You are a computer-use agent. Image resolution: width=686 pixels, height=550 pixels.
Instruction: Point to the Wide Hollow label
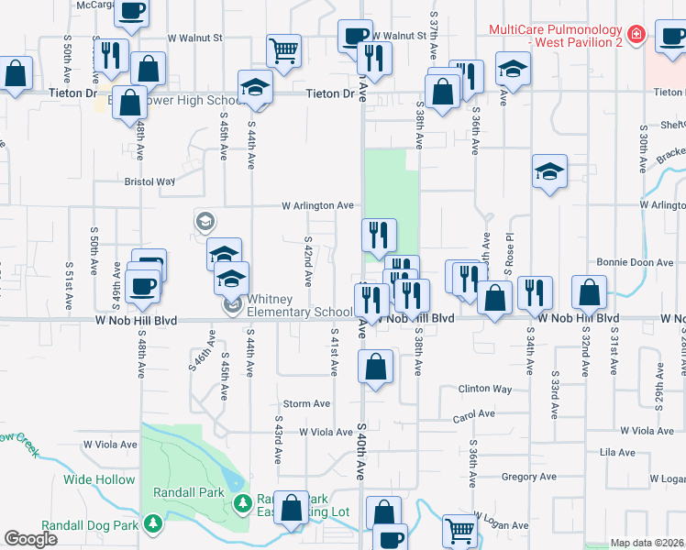pos(99,479)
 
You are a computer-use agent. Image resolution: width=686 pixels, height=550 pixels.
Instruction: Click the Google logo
pos(31,539)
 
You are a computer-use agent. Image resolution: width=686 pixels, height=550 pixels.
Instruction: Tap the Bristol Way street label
pos(149,181)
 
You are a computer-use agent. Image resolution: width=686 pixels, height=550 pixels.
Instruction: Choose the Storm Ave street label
pos(306,403)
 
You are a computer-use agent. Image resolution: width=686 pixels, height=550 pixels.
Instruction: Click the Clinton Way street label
pos(485,389)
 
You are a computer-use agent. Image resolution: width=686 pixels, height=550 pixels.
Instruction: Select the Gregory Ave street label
pos(529,477)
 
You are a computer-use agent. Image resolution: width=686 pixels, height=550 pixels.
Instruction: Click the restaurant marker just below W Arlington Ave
pos(378,236)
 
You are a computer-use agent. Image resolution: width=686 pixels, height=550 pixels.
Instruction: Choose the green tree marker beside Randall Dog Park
pos(153,523)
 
